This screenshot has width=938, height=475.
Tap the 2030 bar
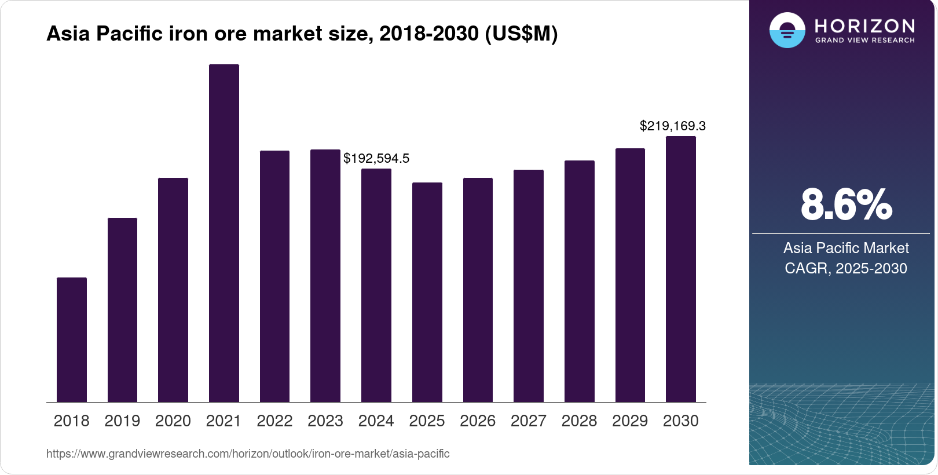click(680, 269)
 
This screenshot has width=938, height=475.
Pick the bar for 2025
click(427, 292)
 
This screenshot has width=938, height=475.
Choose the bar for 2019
click(122, 310)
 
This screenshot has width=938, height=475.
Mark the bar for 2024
click(376, 285)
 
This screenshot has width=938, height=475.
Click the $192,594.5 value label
click(376, 158)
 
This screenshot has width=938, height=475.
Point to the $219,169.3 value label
click(672, 126)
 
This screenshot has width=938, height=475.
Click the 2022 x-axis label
click(274, 421)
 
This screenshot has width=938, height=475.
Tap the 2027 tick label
click(528, 421)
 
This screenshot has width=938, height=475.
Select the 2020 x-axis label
click(173, 421)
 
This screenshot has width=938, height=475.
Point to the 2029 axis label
click(629, 421)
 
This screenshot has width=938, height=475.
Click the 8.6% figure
click(846, 204)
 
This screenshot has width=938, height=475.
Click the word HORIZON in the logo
click(864, 26)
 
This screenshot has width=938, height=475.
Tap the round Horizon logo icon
click(787, 30)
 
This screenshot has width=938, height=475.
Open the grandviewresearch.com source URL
click(248, 454)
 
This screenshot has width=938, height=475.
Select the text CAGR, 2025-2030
click(845, 268)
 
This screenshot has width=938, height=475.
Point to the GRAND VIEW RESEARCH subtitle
click(864, 41)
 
